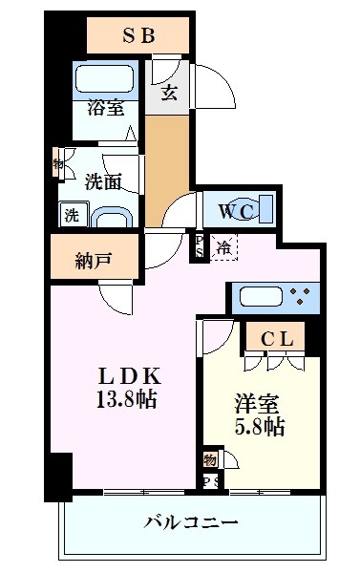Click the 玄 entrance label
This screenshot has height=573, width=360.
tap(169, 93)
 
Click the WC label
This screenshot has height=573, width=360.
tap(232, 209)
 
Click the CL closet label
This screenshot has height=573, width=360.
tap(282, 337)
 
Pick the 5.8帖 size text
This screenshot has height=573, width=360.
tap(259, 428)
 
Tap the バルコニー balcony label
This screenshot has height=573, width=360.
tap(191, 523)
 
